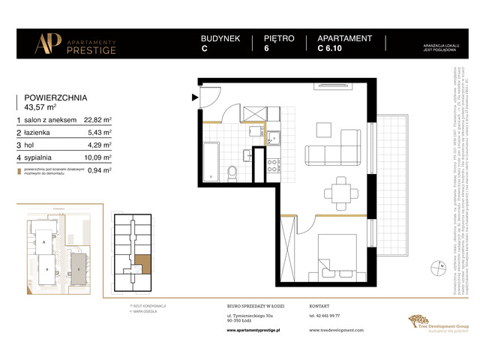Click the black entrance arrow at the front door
click(195, 96)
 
